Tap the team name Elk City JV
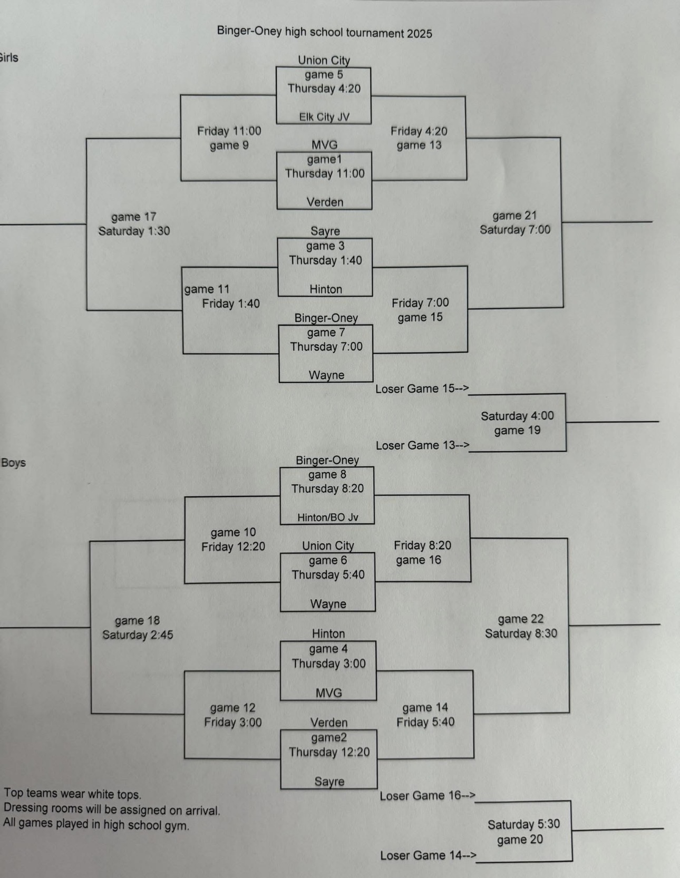click(x=324, y=117)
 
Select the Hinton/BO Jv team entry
click(x=327, y=518)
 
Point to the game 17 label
click(x=133, y=217)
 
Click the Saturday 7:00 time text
click(x=515, y=230)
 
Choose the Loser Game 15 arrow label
click(x=422, y=389)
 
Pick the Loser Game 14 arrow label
click(x=428, y=855)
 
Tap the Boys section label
click(x=14, y=463)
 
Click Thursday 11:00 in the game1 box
click(x=325, y=173)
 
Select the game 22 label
click(x=520, y=619)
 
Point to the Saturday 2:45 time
click(x=138, y=635)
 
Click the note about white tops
click(x=73, y=794)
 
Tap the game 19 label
click(x=517, y=430)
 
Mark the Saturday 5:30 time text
click(x=523, y=824)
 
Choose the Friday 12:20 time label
click(x=233, y=547)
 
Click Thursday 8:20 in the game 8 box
click(x=327, y=489)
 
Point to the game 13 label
click(x=419, y=145)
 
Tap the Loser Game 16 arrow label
click(x=428, y=796)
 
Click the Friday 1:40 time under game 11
click(x=231, y=304)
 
